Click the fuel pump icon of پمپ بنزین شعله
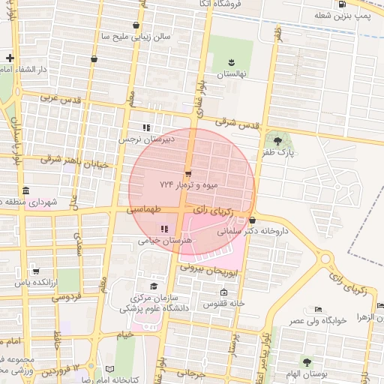tap(343, 4)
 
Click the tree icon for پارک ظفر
tap(279, 139)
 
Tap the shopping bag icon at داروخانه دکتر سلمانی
tap(253, 220)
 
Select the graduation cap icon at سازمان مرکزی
tap(154, 286)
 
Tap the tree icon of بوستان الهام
tap(307, 362)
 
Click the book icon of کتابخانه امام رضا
tap(110, 369)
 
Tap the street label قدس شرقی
tap(236, 121)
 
